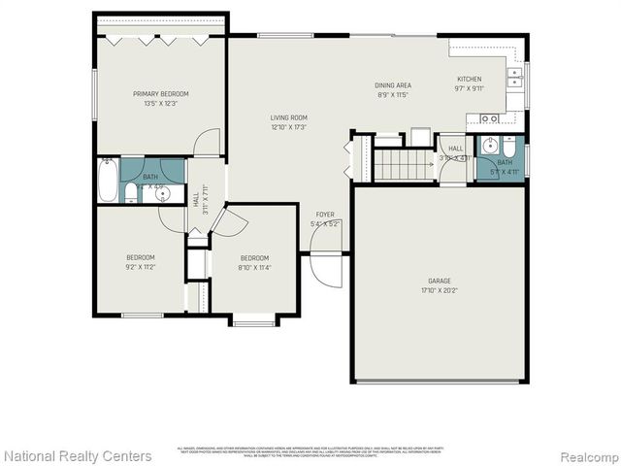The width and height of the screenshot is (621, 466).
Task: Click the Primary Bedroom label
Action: (161, 93)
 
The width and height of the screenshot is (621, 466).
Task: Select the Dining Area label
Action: (394, 85)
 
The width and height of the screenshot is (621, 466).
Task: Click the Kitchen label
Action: (470, 79)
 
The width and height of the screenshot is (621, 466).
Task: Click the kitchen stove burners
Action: (490, 118)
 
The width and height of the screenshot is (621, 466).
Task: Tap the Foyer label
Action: (325, 215)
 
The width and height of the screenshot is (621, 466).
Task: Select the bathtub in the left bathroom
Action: (108, 181)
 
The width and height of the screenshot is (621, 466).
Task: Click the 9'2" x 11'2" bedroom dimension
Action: (141, 266)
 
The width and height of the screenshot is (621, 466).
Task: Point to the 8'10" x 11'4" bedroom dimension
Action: (254, 266)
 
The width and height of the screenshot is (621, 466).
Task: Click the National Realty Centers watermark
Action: (78, 455)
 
